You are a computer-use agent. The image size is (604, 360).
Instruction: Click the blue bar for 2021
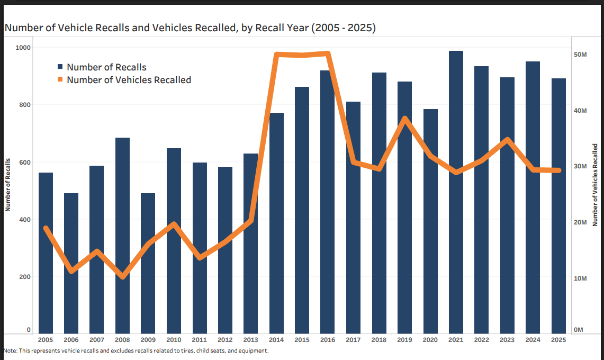(x=456, y=192)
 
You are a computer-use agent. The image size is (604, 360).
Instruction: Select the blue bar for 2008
(x=122, y=236)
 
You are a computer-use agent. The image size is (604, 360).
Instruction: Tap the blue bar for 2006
(x=71, y=263)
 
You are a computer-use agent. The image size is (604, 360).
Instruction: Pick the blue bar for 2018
(x=379, y=203)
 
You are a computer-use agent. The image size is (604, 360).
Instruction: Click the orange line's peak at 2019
(x=405, y=119)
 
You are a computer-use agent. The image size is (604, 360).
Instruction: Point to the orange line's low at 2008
(x=123, y=276)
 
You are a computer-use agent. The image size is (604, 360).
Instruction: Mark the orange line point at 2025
(x=558, y=170)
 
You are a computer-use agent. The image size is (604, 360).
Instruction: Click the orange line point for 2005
(x=46, y=228)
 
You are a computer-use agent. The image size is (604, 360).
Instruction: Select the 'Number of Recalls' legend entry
(x=102, y=67)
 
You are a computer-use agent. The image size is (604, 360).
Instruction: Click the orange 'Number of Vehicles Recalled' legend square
(x=60, y=79)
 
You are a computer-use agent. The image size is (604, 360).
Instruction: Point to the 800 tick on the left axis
(x=25, y=105)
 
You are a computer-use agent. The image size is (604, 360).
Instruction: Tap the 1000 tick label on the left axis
(x=23, y=48)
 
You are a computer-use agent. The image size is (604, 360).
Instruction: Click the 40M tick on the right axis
(x=580, y=111)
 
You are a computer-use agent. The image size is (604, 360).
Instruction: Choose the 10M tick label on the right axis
(x=580, y=278)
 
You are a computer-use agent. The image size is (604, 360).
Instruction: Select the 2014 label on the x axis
(x=276, y=340)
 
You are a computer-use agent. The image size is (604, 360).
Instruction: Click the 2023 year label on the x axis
(x=507, y=340)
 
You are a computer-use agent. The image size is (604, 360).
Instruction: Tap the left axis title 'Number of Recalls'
(x=8, y=185)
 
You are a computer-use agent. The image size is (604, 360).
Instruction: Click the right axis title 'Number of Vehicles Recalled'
(x=595, y=185)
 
